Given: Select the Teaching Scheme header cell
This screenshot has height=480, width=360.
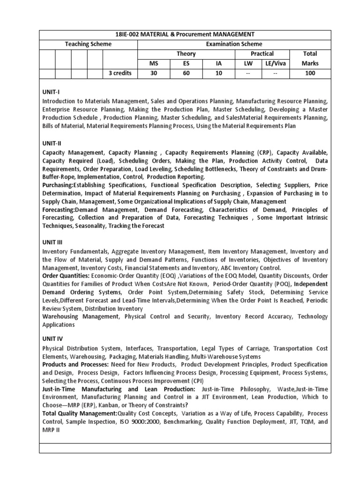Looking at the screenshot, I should (x=88, y=44).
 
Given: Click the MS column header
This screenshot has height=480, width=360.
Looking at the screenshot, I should (x=154, y=63).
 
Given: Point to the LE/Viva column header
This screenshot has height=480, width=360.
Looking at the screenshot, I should (x=274, y=63).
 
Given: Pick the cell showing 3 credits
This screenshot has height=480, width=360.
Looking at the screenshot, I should (x=120, y=73).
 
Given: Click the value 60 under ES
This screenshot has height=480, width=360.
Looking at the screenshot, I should (x=186, y=73).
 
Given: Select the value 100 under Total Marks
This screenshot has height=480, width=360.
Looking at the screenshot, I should (x=310, y=73).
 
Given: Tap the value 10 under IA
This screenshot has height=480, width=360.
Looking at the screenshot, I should (x=218, y=73).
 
